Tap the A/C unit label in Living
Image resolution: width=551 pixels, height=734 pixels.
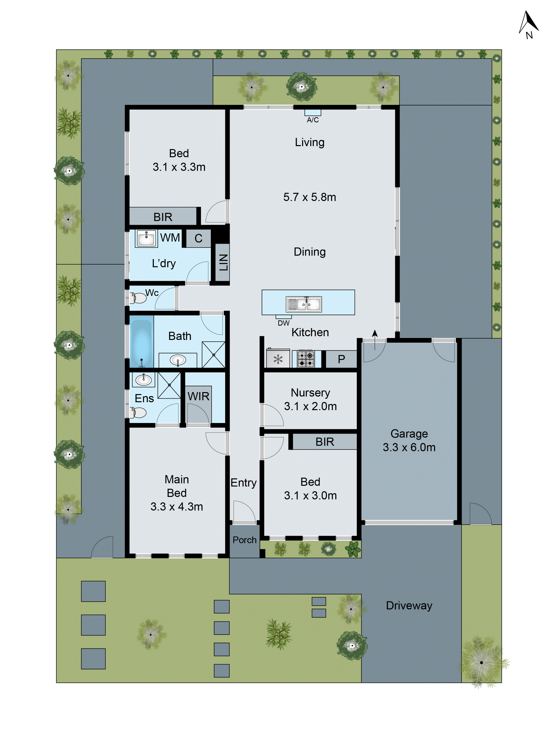pos(313,120)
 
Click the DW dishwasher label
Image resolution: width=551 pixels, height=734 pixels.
pos(283,323)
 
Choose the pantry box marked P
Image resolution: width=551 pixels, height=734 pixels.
pos(341,359)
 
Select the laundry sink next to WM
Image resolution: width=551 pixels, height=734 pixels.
pos(146,238)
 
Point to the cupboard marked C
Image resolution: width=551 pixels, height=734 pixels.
pos(198,238)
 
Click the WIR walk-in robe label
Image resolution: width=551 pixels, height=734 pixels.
pos(198,396)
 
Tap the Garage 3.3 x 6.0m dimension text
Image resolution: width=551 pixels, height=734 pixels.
pos(409,447)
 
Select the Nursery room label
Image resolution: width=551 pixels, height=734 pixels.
pos(310,393)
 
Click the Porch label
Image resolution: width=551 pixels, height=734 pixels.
pos(244,540)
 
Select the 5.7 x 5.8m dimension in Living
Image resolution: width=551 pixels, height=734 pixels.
pos(309,197)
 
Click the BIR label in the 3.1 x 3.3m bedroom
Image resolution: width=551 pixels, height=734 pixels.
pos(163,217)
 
